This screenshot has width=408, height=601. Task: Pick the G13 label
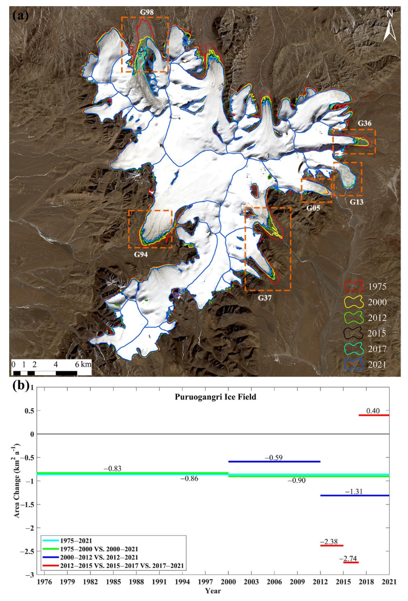tap(357, 202)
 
